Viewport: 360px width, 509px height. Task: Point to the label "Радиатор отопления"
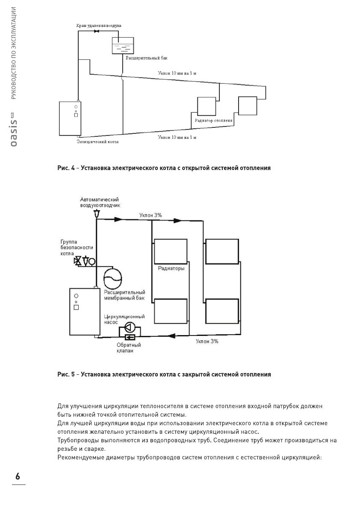tap(213, 121)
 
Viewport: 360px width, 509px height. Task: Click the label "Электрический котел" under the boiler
tap(97, 141)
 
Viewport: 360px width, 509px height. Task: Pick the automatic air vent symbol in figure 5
tap(96, 213)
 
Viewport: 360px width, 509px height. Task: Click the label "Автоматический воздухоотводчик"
tap(100, 203)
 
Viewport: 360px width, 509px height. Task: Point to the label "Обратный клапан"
tap(128, 348)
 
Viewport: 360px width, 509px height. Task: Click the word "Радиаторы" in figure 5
tap(171, 269)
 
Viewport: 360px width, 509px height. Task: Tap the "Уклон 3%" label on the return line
tap(207, 341)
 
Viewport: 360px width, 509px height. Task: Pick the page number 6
tap(18, 477)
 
